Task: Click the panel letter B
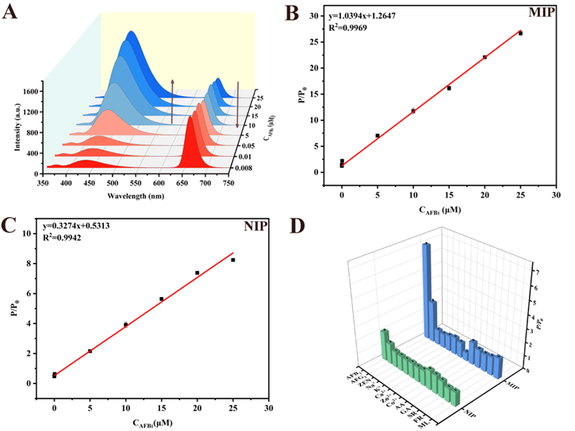click(x=292, y=13)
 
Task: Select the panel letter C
click(x=10, y=224)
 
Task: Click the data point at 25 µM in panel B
click(x=520, y=33)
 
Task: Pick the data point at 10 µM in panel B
click(x=413, y=111)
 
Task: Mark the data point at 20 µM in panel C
click(x=197, y=273)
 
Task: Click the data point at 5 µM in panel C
click(x=90, y=351)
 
